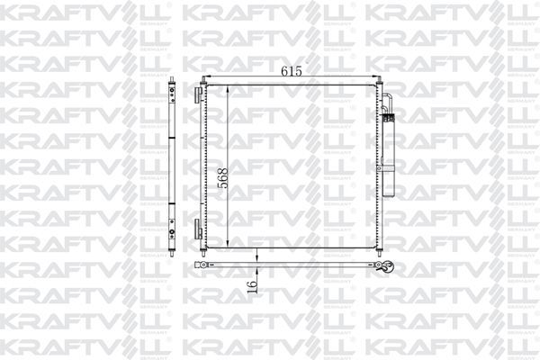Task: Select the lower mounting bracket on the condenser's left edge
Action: [200, 227]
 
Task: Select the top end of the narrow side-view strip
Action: [171, 84]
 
